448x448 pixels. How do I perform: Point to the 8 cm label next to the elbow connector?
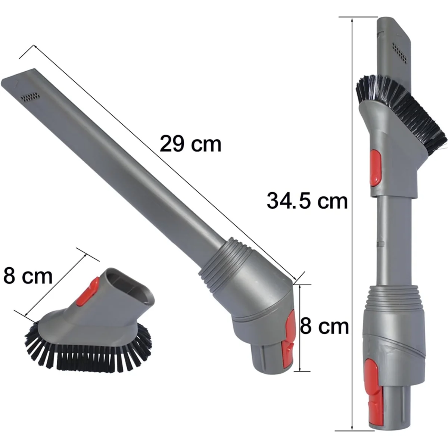coord(324,326)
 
